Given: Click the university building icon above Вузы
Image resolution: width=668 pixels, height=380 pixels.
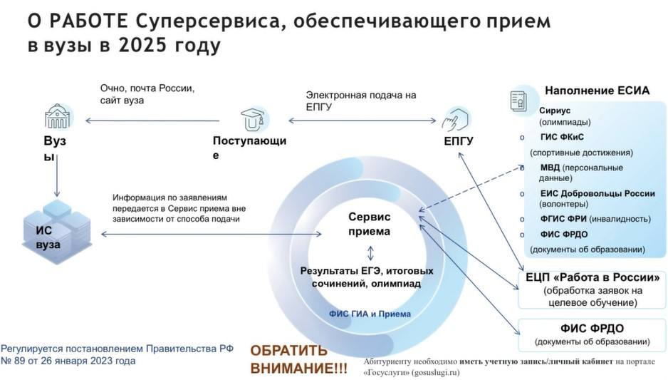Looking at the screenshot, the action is pyautogui.click(x=57, y=116).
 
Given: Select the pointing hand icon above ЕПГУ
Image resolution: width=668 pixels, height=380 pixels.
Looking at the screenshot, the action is pyautogui.click(x=454, y=119).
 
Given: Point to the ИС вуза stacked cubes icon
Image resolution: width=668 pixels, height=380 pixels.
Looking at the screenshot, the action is pyautogui.click(x=57, y=232).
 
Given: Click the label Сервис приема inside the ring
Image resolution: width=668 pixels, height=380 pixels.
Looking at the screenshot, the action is pyautogui.click(x=370, y=224).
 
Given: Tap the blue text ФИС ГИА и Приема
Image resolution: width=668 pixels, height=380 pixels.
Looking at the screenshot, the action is pyautogui.click(x=370, y=314).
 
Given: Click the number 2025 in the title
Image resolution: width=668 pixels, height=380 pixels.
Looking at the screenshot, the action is pyautogui.click(x=142, y=45).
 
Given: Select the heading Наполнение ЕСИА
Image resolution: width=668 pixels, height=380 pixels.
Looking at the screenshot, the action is pyautogui.click(x=597, y=91).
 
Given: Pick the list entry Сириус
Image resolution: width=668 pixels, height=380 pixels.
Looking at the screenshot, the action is pyautogui.click(x=555, y=111).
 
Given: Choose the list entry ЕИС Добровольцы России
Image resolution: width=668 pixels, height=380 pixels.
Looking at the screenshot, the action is pyautogui.click(x=597, y=194).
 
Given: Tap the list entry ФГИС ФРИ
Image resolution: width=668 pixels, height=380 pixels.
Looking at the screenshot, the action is pyautogui.click(x=563, y=219).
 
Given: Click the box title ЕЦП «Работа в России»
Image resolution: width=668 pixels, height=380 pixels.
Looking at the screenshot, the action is pyautogui.click(x=593, y=277).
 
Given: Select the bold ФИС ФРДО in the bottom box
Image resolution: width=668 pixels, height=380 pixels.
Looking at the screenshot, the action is pyautogui.click(x=593, y=329).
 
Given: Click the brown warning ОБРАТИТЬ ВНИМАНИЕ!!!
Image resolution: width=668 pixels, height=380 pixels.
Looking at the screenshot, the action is pyautogui.click(x=298, y=359).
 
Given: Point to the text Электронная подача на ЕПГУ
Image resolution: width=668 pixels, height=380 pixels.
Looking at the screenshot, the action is pyautogui.click(x=361, y=101).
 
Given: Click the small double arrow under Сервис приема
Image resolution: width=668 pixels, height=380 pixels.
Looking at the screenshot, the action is pyautogui.click(x=370, y=253).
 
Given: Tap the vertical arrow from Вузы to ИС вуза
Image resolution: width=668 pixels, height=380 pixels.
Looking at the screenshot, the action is pyautogui.click(x=57, y=175).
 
